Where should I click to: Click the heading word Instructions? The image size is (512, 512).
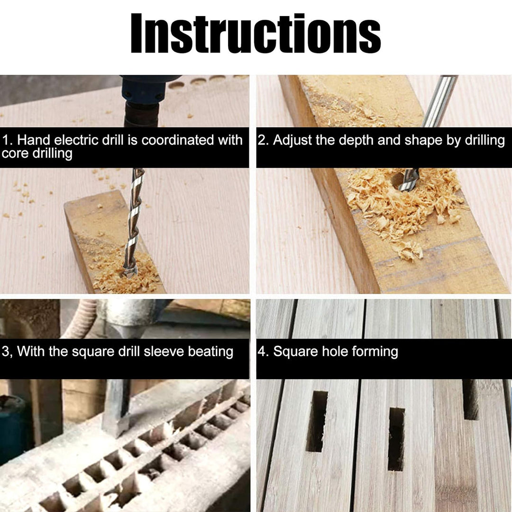point(256,33)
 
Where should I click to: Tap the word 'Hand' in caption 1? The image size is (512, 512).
point(34,140)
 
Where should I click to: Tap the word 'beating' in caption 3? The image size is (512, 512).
point(211,352)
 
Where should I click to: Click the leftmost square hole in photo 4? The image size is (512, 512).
point(317,421)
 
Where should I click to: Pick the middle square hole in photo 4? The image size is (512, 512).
point(396,439)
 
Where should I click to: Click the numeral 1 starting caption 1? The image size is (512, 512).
point(6,140)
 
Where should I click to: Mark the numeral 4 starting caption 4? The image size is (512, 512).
point(262,352)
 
